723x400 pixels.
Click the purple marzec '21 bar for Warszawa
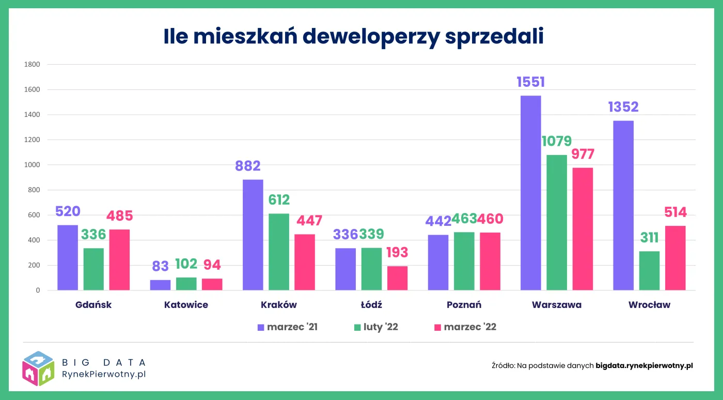(x=531, y=193)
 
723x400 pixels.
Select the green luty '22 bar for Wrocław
(x=649, y=271)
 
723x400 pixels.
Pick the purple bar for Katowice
(x=160, y=285)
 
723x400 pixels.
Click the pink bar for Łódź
(x=397, y=278)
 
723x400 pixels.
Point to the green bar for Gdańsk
(x=93, y=269)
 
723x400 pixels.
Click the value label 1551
(x=531, y=82)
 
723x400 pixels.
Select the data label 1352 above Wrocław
(x=623, y=107)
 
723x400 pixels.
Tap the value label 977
(x=583, y=154)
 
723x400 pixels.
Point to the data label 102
(x=186, y=264)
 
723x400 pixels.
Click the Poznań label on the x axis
(x=464, y=305)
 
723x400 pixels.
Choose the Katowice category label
(x=186, y=305)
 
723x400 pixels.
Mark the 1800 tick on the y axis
(x=32, y=65)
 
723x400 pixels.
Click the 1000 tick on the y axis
(x=32, y=165)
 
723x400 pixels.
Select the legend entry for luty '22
(x=375, y=327)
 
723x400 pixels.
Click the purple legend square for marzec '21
(x=261, y=327)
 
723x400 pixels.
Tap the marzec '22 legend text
(x=470, y=327)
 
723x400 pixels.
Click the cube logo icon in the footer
(x=38, y=368)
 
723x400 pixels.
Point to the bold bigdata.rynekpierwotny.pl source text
(x=644, y=365)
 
